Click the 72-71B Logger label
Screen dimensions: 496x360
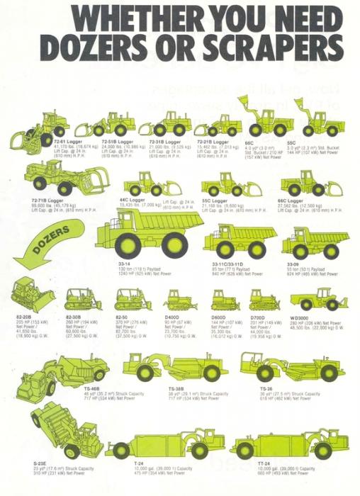click(x=46, y=201)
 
